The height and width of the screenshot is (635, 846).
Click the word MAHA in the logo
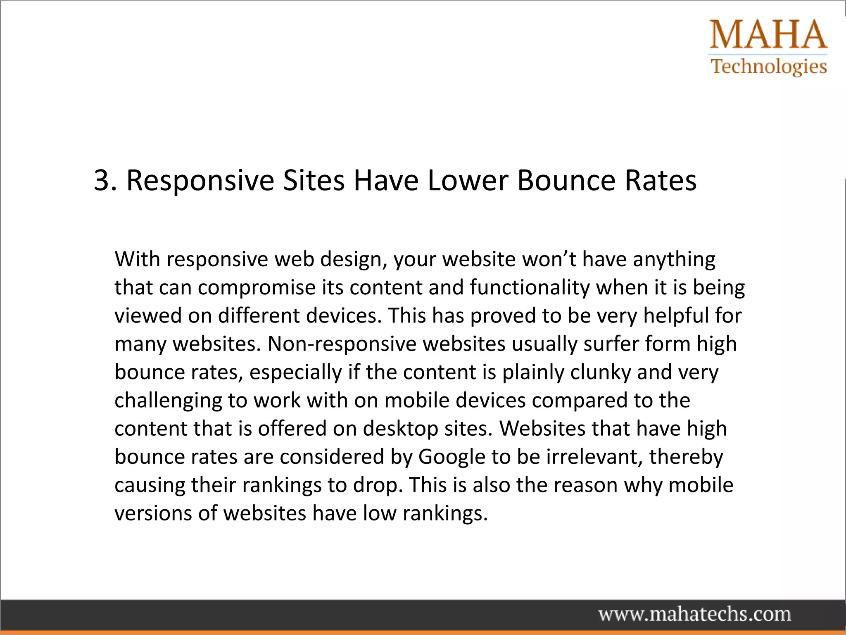tap(769, 35)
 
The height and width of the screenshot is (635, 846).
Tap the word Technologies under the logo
tap(769, 67)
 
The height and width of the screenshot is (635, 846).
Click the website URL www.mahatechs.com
tap(695, 614)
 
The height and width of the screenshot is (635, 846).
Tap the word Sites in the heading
tap(314, 181)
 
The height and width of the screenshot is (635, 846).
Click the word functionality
tap(530, 288)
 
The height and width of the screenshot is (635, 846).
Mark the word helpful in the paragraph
tap(676, 316)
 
